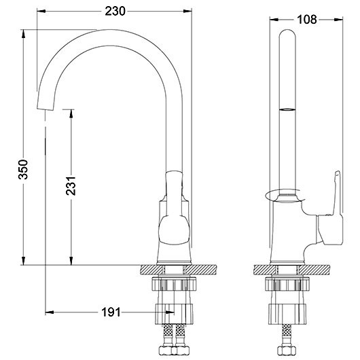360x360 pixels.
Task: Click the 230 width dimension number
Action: (x=115, y=11)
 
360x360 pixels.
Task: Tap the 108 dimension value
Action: (x=307, y=20)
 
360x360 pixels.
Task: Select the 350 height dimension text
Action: (x=23, y=169)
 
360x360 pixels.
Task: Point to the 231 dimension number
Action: (x=71, y=186)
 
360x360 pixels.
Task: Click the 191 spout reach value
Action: (x=111, y=312)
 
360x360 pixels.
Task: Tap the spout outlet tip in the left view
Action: (x=46, y=109)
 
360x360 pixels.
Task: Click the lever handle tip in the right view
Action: (x=338, y=173)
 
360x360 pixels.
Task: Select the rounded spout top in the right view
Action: (x=287, y=33)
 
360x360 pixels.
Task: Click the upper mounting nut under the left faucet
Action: (x=174, y=284)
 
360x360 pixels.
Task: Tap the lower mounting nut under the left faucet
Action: (x=174, y=314)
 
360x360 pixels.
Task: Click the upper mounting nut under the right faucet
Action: (x=287, y=284)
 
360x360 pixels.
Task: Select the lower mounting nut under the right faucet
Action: (x=287, y=314)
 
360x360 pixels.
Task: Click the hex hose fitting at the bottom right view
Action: (x=286, y=350)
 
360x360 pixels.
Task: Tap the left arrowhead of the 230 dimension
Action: (x=41, y=11)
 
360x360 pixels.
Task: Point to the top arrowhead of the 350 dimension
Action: (x=23, y=34)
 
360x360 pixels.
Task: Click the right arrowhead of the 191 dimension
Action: (x=170, y=312)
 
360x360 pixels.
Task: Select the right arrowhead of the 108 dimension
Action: (x=338, y=20)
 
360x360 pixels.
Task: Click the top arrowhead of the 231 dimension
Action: (x=71, y=114)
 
